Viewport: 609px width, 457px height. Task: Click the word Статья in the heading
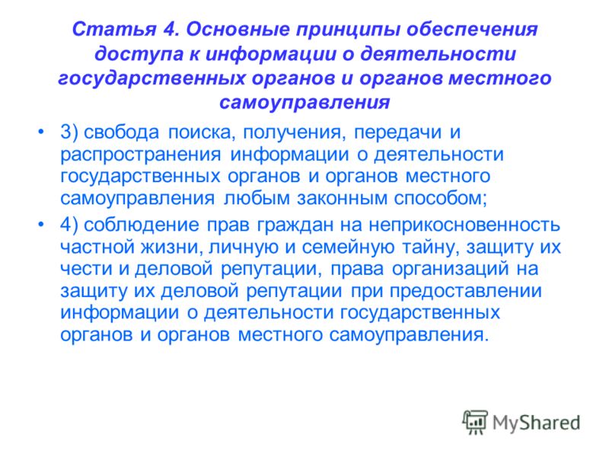pyautogui.click(x=114, y=29)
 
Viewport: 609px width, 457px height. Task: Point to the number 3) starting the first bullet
pyautogui.click(x=69, y=132)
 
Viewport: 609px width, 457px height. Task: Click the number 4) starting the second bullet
pyautogui.click(x=69, y=225)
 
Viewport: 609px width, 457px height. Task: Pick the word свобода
pyautogui.click(x=122, y=132)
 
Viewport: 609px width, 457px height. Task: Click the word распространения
pyautogui.click(x=141, y=155)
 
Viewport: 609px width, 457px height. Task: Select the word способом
pyautogui.click(x=441, y=197)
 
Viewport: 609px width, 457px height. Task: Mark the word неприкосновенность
pyautogui.click(x=464, y=225)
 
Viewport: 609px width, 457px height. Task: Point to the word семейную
pyautogui.click(x=348, y=247)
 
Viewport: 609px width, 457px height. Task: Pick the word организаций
pyautogui.click(x=451, y=269)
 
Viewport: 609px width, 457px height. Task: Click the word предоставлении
pyautogui.click(x=465, y=292)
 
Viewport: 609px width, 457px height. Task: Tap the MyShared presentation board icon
pyautogui.click(x=475, y=422)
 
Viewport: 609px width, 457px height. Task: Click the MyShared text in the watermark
pyautogui.click(x=536, y=423)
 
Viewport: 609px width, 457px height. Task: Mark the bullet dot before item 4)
pyautogui.click(x=41, y=224)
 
